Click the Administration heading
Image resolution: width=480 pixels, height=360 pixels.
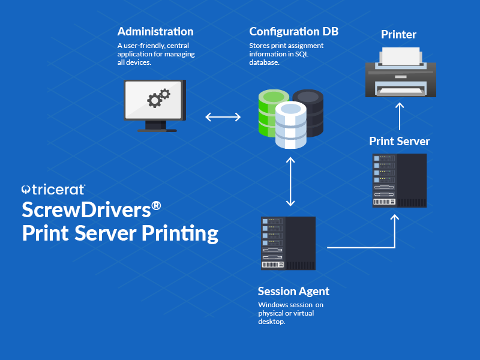(155, 32)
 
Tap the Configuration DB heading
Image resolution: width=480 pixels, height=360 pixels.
(293, 32)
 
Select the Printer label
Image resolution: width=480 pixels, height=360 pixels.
(398, 35)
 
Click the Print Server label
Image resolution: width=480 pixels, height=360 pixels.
(399, 142)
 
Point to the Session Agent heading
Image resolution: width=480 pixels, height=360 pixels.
(293, 292)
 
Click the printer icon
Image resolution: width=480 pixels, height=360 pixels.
(401, 73)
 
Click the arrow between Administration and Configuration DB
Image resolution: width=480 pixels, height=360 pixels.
(223, 116)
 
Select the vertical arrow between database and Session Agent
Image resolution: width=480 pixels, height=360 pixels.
(291, 182)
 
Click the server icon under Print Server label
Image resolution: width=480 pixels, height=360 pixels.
(400, 181)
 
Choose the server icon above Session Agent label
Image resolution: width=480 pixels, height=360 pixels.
(289, 243)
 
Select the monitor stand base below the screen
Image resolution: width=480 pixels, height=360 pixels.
(157, 129)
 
